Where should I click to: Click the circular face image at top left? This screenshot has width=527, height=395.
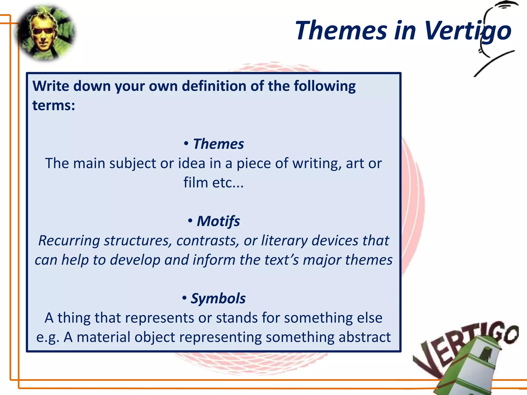tap(46, 33)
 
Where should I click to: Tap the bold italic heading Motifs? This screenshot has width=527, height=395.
tap(218, 221)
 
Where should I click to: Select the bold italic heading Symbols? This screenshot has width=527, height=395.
tap(218, 298)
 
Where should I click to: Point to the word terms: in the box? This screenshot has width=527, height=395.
tap(54, 105)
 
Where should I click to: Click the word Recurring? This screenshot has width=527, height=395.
tap(69, 241)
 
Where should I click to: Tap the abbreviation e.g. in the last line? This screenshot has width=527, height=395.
tap(48, 337)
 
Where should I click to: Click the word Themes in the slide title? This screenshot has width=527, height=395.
tap(341, 31)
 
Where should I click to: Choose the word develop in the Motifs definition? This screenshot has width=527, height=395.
tap(135, 260)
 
